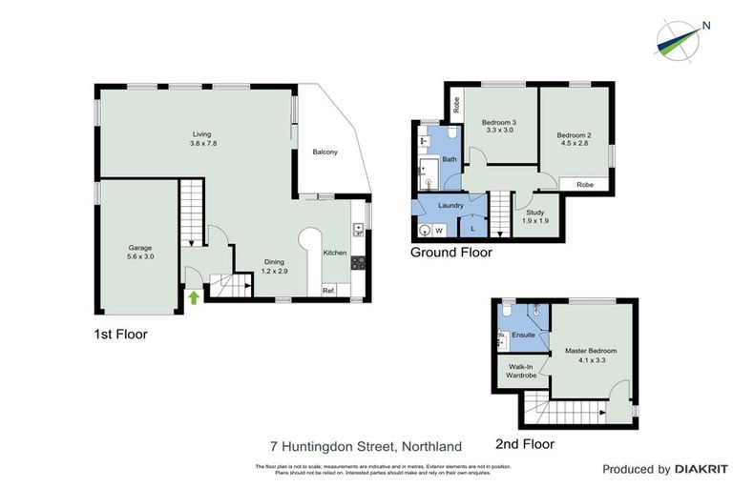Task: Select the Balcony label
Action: (325, 152)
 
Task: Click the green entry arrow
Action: (194, 297)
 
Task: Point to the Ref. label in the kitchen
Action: (327, 291)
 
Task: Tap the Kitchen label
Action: (334, 253)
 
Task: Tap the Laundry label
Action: (450, 206)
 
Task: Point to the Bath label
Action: (449, 159)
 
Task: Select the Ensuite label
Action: (523, 335)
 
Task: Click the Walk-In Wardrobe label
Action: (521, 371)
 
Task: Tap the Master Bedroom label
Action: (591, 356)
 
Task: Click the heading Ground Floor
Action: (451, 253)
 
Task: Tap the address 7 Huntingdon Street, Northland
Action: (366, 446)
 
